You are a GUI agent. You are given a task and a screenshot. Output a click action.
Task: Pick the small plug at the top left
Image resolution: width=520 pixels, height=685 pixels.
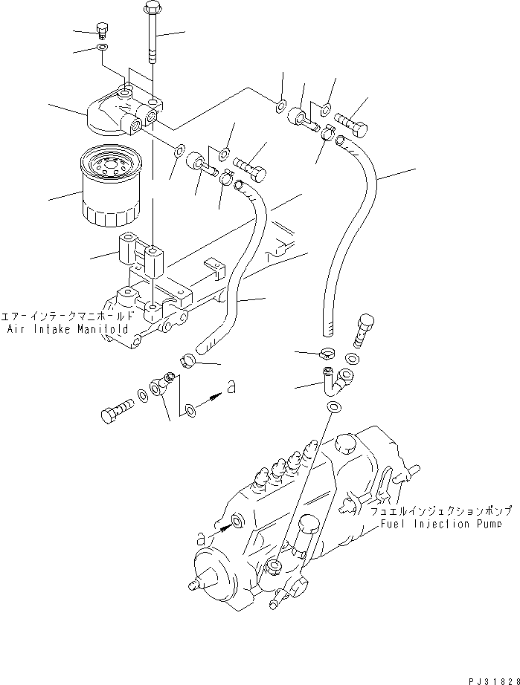[x=103, y=30]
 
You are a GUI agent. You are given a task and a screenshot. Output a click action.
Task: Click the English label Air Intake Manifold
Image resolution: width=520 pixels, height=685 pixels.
[x=68, y=328]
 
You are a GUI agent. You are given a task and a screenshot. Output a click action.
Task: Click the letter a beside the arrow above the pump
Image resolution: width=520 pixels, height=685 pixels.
[x=233, y=386]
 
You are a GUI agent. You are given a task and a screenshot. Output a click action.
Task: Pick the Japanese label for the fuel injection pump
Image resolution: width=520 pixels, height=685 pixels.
[x=444, y=512]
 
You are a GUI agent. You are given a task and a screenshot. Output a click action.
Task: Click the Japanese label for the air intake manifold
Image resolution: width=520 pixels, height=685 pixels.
[x=68, y=316]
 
